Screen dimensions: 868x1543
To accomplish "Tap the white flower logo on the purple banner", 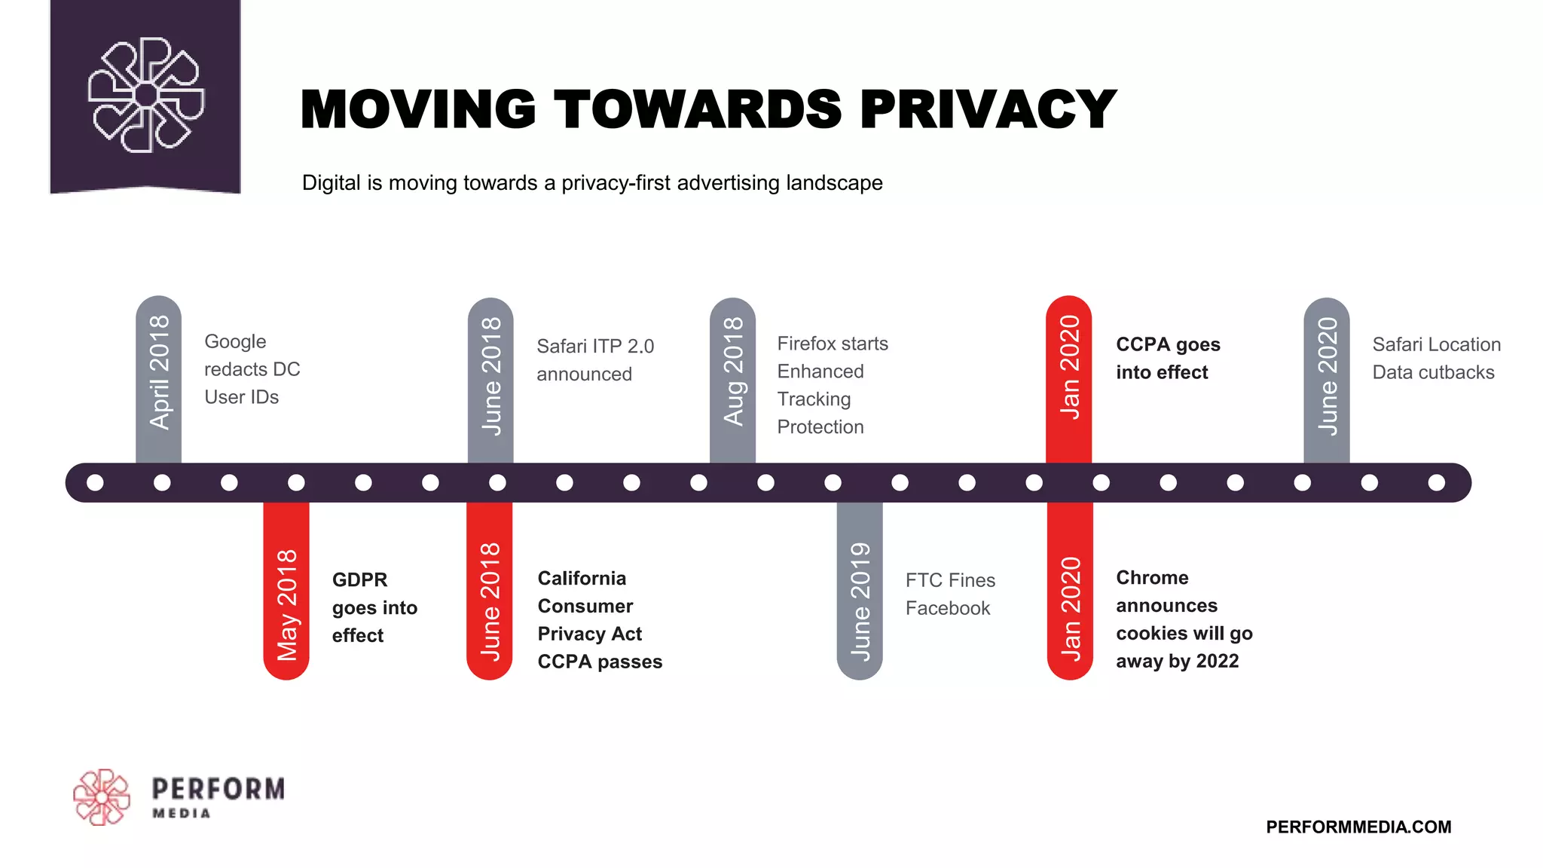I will [x=146, y=95].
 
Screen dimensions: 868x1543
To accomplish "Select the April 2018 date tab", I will [x=159, y=374].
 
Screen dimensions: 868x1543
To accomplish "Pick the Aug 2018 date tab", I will [x=732, y=372].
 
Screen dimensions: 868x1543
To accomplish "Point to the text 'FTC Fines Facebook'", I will [x=949, y=594].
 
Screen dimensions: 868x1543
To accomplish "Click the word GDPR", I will [x=359, y=579].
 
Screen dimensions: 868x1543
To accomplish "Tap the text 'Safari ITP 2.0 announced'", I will [x=594, y=359].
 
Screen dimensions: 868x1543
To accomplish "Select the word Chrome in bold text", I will [x=1152, y=578].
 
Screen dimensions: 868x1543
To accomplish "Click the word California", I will [x=582, y=578].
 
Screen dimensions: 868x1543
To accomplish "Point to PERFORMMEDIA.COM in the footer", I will [x=1358, y=827].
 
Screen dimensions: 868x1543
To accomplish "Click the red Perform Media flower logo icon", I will [x=102, y=797].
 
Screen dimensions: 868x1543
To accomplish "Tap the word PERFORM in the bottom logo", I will [x=218, y=789].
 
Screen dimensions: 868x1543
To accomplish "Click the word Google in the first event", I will [x=235, y=341].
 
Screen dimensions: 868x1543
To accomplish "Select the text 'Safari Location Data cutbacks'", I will [x=1435, y=358].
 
